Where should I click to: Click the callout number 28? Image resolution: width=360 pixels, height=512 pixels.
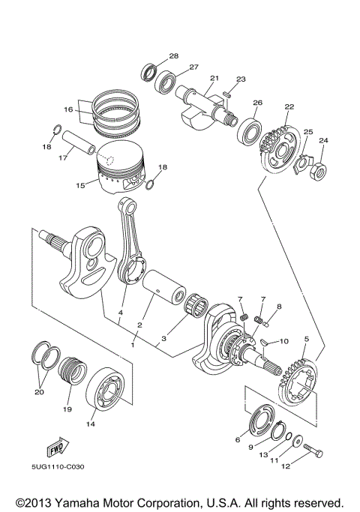point(174,56)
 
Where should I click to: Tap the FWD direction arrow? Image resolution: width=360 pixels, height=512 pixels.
point(54,448)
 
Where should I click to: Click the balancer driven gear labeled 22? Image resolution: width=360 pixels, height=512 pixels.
point(280,144)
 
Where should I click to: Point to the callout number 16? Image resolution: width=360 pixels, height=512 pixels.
point(68,109)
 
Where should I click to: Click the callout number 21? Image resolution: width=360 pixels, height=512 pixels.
point(214,78)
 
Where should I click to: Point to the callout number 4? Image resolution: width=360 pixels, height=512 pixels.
point(119,312)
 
